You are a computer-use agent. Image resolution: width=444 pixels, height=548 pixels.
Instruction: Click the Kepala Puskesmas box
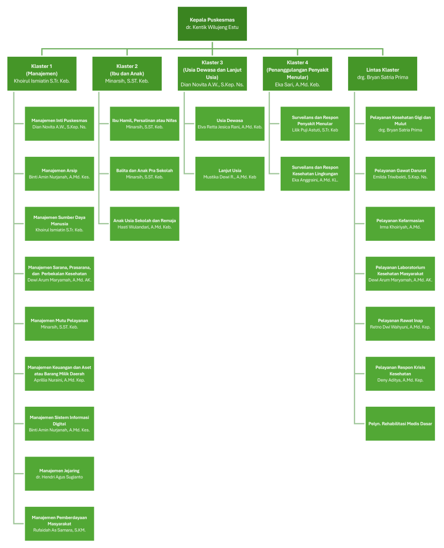pyautogui.click(x=212, y=24)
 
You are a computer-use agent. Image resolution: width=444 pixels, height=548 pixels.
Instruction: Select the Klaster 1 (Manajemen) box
pyautogui.click(x=42, y=74)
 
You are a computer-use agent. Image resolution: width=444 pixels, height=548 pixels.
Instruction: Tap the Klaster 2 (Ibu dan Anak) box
pyautogui.click(x=127, y=74)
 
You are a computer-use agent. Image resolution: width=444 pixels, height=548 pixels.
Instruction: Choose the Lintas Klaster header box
pyautogui.click(x=382, y=74)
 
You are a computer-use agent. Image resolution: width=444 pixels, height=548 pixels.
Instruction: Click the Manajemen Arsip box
pyautogui.click(x=59, y=174)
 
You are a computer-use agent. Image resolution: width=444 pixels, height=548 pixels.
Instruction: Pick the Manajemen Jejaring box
pyautogui.click(x=59, y=474)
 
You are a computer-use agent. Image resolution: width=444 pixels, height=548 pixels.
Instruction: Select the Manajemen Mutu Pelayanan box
pyautogui.click(x=59, y=324)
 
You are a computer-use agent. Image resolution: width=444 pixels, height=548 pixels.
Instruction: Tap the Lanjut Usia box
pyautogui.click(x=230, y=174)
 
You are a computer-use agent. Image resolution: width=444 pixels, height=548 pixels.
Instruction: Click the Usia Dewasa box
pyautogui.click(x=230, y=124)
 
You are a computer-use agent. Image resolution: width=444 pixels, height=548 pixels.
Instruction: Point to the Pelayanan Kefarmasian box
pyautogui.click(x=400, y=224)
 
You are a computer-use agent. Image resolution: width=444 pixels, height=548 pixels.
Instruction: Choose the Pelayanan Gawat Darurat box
pyautogui.click(x=400, y=174)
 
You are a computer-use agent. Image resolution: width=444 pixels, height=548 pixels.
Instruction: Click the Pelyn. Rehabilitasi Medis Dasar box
pyautogui.click(x=400, y=424)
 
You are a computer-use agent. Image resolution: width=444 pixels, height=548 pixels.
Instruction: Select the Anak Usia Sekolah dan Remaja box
pyautogui.click(x=145, y=224)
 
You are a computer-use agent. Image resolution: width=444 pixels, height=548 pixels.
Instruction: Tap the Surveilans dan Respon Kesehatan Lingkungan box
pyautogui.click(x=315, y=174)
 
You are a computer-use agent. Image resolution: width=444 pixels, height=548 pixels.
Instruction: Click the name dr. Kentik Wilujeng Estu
pyautogui.click(x=212, y=27)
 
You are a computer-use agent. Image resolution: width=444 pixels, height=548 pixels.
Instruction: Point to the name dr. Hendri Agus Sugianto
pyautogui.click(x=59, y=477)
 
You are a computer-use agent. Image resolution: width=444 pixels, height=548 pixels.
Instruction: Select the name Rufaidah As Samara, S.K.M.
pyautogui.click(x=59, y=530)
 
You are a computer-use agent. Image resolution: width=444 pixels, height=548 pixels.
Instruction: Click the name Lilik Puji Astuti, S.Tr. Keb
pyautogui.click(x=315, y=130)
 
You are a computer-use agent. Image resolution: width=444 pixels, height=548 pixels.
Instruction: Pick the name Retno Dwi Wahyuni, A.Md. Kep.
pyautogui.click(x=400, y=327)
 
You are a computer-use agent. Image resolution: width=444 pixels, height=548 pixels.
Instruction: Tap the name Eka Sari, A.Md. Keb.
pyautogui.click(x=297, y=85)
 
